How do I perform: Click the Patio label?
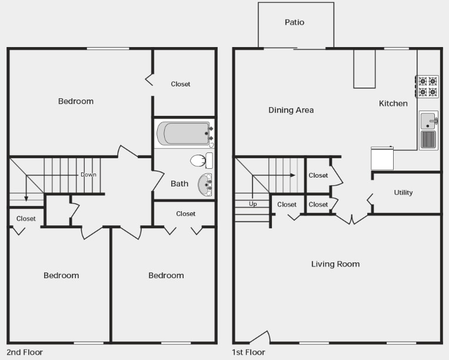coord(294,22)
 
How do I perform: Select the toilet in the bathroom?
coord(201,160)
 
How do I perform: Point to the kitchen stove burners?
coord(428,86)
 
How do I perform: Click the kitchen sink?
coord(428,121)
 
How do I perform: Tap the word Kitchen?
coord(393,104)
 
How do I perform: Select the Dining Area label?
coord(291,110)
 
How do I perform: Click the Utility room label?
coord(403,192)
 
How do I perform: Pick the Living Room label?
coord(335,264)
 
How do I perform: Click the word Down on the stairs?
coord(88,175)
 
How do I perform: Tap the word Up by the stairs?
coord(253,204)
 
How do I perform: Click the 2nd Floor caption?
coord(25,352)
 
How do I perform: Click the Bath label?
coord(179,184)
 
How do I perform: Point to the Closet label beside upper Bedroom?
coord(181,84)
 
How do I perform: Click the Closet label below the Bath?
coord(185,214)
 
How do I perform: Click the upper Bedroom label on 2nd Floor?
coord(75,101)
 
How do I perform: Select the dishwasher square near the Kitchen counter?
coord(382,158)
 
